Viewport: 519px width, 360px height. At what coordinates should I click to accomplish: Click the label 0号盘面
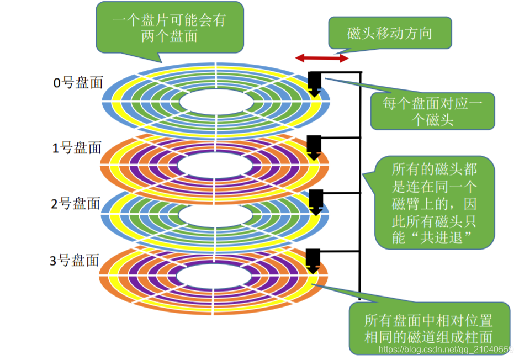pos(78,83)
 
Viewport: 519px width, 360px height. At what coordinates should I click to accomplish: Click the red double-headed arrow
pos(322,57)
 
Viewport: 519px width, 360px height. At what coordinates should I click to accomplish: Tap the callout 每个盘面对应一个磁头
pos(432,111)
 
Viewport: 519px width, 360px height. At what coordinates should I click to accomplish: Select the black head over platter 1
pos(315,147)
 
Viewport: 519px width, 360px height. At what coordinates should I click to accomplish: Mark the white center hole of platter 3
pos(215,276)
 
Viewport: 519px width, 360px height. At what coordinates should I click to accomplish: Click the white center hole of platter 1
pos(215,164)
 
